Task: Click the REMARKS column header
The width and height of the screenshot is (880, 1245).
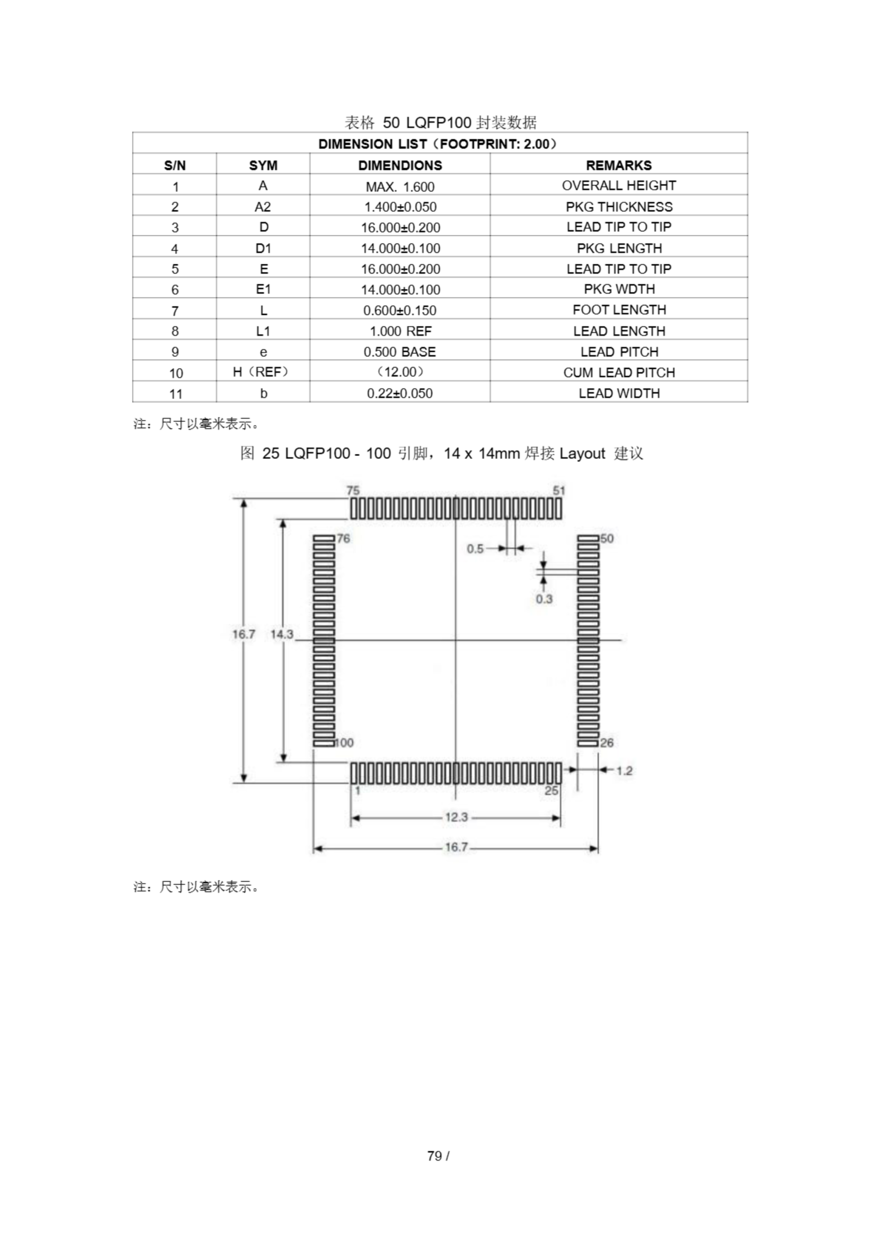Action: click(618, 165)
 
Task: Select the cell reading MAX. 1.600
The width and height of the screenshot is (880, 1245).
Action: click(400, 187)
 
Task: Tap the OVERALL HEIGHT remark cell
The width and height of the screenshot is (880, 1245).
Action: click(618, 185)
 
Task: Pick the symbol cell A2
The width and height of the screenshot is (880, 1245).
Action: click(263, 207)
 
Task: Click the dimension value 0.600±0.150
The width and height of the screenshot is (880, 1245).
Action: click(400, 310)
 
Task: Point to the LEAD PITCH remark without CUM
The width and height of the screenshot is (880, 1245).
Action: click(618, 352)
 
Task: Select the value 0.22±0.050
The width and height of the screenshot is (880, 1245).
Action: click(400, 393)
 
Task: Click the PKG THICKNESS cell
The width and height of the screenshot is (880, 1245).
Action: click(618, 207)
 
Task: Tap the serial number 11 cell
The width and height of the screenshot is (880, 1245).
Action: click(175, 393)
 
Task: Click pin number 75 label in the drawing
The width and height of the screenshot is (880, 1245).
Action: click(353, 491)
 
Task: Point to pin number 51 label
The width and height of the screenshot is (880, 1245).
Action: click(559, 491)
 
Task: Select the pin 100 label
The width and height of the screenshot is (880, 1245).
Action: click(344, 742)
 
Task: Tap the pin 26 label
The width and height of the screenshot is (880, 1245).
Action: click(607, 742)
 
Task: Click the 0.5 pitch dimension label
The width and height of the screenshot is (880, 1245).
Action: click(475, 549)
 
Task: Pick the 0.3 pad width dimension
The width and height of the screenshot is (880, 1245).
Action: click(544, 599)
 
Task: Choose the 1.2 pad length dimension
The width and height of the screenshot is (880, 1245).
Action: click(624, 770)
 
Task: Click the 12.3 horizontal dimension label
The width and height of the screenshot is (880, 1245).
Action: click(456, 817)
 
